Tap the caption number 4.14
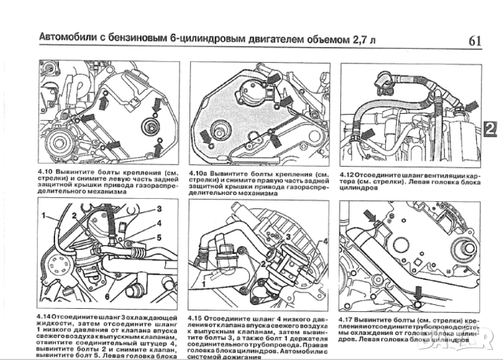click(x=46, y=315)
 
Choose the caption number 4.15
click(x=200, y=315)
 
